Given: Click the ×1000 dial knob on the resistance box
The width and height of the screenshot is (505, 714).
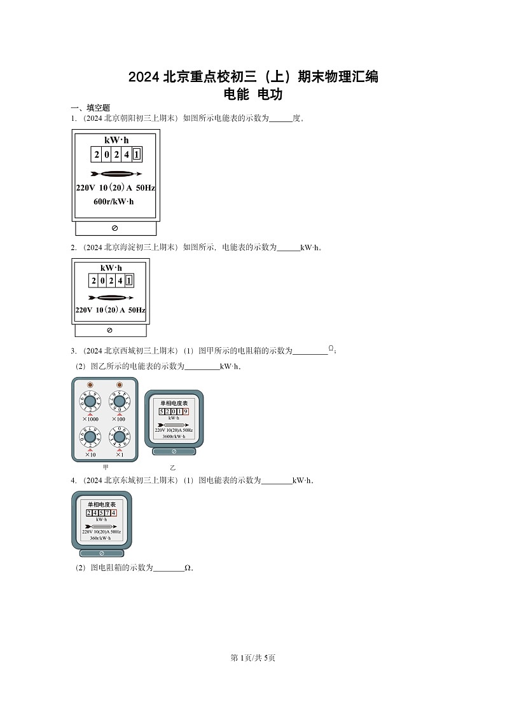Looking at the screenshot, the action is click(x=90, y=402).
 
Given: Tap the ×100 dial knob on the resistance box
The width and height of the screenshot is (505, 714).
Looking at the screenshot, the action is click(x=119, y=402).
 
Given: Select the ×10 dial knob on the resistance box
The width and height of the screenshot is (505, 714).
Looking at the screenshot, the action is click(x=90, y=437).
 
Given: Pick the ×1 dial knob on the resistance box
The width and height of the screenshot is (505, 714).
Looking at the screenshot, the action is click(x=119, y=437).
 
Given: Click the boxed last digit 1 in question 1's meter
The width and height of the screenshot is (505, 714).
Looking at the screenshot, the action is click(x=137, y=154).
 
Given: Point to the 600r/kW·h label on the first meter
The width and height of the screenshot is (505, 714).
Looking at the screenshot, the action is click(x=114, y=202).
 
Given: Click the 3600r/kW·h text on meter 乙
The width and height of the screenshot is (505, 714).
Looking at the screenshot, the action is click(x=174, y=437).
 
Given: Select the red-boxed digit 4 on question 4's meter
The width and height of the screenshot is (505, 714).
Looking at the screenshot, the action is click(x=113, y=512).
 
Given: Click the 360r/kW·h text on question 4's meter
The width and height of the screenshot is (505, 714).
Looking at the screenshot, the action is click(x=101, y=538).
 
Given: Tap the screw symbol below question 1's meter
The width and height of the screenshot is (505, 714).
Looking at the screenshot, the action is click(x=114, y=228).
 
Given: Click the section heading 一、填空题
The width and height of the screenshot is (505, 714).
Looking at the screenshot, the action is click(x=90, y=108).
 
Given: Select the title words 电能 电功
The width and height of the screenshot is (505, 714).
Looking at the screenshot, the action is click(x=253, y=95).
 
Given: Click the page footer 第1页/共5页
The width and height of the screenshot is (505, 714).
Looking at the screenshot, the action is click(x=253, y=658).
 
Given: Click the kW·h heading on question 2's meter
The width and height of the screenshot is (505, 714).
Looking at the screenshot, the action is click(x=111, y=268).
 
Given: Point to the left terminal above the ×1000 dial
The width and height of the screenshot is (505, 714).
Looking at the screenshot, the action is click(x=90, y=385).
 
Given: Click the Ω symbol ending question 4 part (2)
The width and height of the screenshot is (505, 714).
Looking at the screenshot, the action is click(x=188, y=568).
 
